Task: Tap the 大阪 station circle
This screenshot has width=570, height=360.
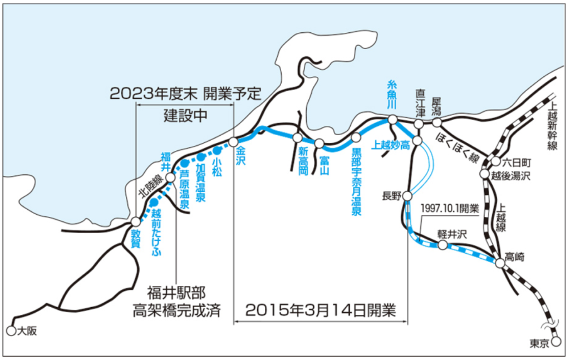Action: click(11, 331)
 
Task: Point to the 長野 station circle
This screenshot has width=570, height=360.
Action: click(408, 196)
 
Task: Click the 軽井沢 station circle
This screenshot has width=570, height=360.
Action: click(443, 245)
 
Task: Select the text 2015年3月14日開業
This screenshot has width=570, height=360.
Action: click(321, 309)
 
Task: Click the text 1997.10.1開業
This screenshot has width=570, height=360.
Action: click(450, 209)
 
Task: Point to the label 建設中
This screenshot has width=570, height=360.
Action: click(185, 116)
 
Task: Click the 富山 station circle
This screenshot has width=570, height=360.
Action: click(319, 143)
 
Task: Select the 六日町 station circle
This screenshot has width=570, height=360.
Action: click(495, 162)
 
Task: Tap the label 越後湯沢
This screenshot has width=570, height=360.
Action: click(513, 176)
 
